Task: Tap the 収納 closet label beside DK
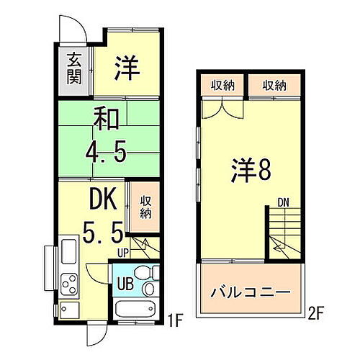(145, 204)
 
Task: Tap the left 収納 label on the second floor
(222, 86)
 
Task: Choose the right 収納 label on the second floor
(273, 86)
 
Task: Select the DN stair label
(284, 204)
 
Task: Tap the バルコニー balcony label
(250, 294)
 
